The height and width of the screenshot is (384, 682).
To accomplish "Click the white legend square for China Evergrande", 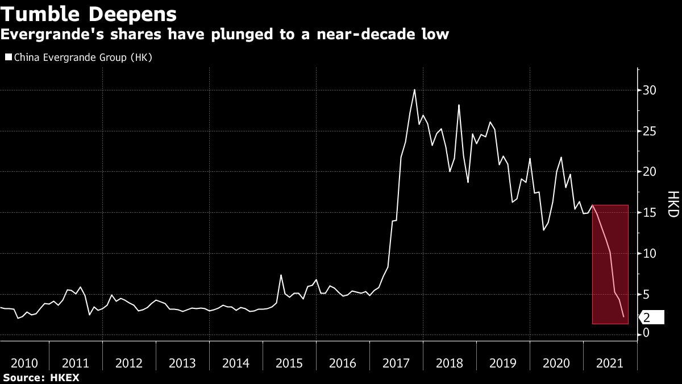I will tap(8, 57).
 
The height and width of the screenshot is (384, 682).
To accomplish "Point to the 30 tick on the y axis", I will tap(650, 90).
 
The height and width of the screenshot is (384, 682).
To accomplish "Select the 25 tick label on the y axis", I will tap(650, 131).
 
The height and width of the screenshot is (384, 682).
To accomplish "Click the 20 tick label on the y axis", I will tap(650, 172).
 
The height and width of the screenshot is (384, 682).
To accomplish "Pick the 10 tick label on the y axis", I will tap(650, 253).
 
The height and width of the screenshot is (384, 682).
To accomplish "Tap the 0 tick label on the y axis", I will tap(646, 335).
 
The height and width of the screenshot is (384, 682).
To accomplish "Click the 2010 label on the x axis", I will tap(24, 363).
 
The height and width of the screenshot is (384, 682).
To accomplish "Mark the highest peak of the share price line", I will tap(414, 89).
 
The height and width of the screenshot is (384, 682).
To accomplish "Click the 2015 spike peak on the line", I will tap(281, 275).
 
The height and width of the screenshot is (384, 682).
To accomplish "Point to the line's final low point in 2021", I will tap(623, 317).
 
